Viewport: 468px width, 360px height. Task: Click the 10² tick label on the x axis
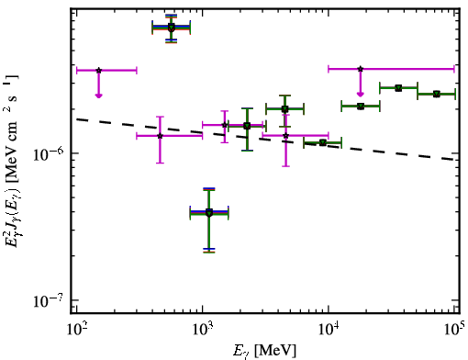pyautogui.click(x=76, y=329)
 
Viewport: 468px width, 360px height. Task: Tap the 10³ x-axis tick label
pyautogui.click(x=202, y=329)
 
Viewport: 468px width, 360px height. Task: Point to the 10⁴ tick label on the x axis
pyautogui.click(x=329, y=329)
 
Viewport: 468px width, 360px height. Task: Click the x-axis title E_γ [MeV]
pyautogui.click(x=264, y=351)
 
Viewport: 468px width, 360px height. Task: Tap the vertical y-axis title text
pyautogui.click(x=12, y=160)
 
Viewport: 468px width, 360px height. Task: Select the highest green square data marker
pyautogui.click(x=172, y=28)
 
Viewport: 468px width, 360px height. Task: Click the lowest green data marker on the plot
pyautogui.click(x=209, y=213)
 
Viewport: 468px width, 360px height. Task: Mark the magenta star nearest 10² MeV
pyautogui.click(x=98, y=71)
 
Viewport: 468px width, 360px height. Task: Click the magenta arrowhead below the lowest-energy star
pyautogui.click(x=98, y=96)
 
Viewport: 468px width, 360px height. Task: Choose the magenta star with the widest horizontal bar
pyautogui.click(x=361, y=69)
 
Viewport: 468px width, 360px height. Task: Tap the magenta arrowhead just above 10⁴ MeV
pyautogui.click(x=361, y=94)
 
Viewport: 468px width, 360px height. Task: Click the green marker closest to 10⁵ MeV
pyautogui.click(x=437, y=94)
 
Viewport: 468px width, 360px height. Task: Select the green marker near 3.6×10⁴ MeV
pyautogui.click(x=398, y=88)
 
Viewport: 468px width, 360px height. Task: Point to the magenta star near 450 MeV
pyautogui.click(x=160, y=136)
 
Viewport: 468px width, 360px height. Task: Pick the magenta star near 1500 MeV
pyautogui.click(x=225, y=125)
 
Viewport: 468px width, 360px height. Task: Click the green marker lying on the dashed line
pyautogui.click(x=322, y=142)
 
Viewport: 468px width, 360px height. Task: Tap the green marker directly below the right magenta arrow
pyautogui.click(x=361, y=107)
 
